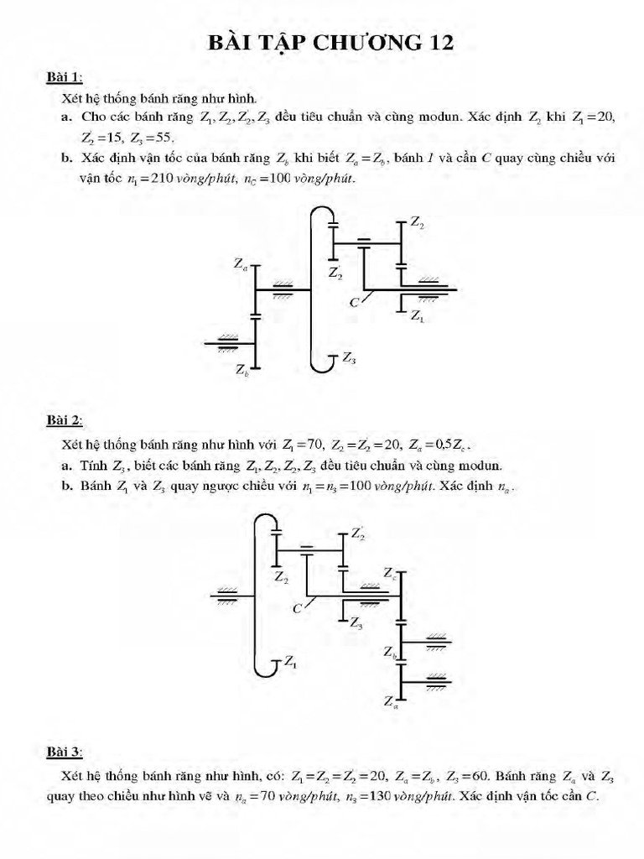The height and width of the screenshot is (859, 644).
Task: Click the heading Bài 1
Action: tap(64, 78)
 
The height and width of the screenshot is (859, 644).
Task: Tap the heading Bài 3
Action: tap(64, 752)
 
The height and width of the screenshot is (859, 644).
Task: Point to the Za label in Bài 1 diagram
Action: tap(241, 264)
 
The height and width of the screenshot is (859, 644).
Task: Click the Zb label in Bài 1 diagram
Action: tap(242, 369)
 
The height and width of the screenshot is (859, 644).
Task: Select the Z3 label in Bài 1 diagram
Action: tap(349, 358)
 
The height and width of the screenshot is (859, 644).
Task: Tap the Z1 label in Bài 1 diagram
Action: tap(417, 317)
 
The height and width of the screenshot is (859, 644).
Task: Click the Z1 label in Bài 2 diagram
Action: tap(289, 662)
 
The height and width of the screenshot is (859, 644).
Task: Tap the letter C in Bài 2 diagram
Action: tap(297, 609)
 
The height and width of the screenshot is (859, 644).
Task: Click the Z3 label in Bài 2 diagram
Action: tap(356, 623)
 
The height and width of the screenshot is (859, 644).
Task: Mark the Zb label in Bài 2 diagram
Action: tap(390, 652)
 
